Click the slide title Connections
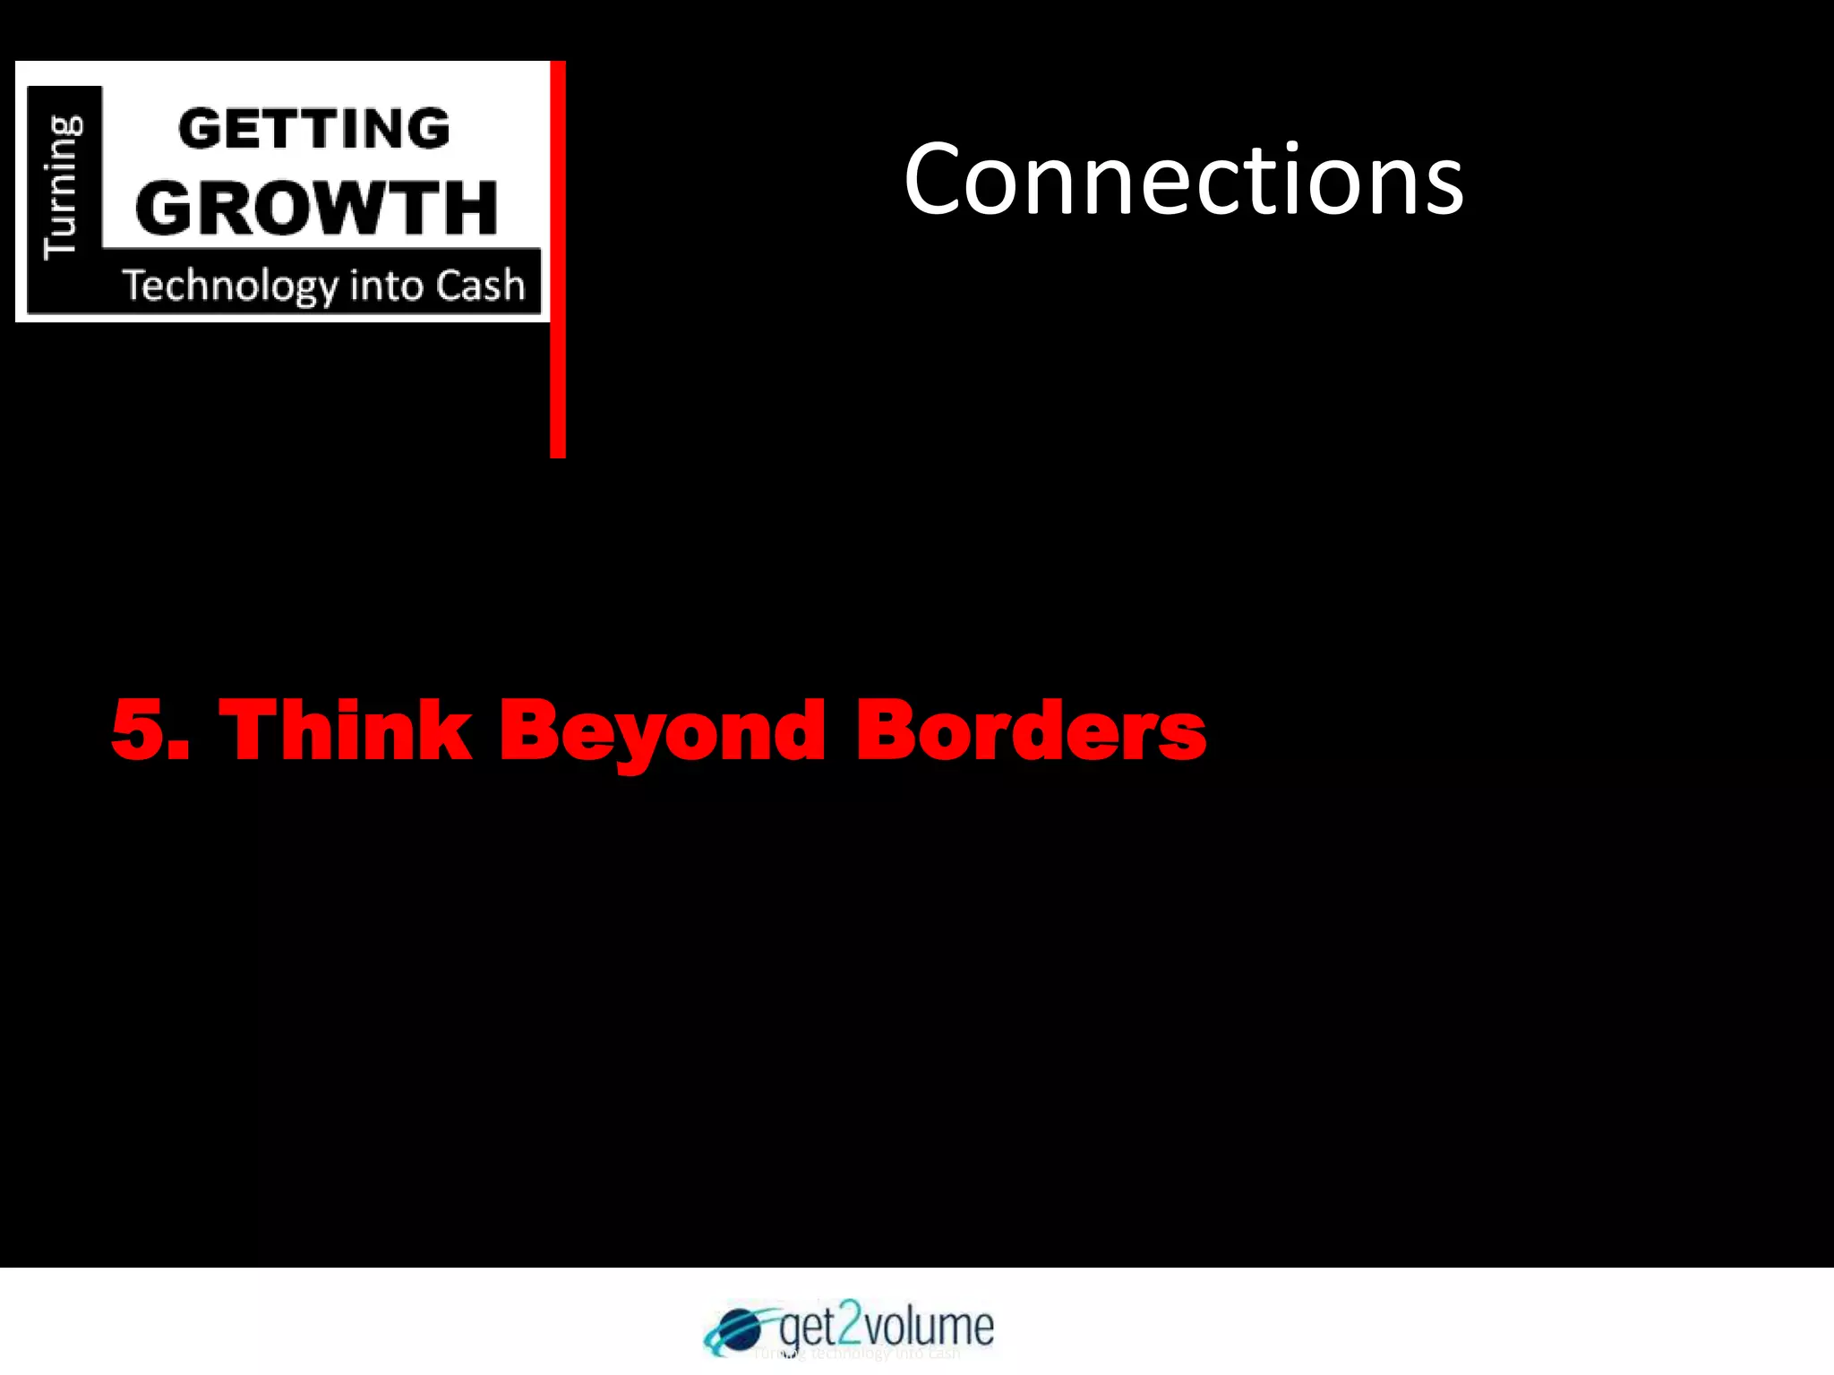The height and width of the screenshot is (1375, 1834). coord(1183,180)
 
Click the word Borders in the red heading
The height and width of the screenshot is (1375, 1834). coord(1031,730)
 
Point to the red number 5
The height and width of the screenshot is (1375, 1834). coord(143,730)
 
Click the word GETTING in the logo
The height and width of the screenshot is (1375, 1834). coord(314,129)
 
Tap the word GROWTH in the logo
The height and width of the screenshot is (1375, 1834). coord(316,208)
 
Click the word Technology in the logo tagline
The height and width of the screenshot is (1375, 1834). coord(230,286)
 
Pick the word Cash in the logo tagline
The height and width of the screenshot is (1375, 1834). coord(481,286)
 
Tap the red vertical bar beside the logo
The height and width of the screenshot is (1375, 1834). coord(558,260)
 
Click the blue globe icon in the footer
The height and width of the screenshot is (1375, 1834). coord(737,1328)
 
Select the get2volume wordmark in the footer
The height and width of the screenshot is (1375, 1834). coord(887,1326)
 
